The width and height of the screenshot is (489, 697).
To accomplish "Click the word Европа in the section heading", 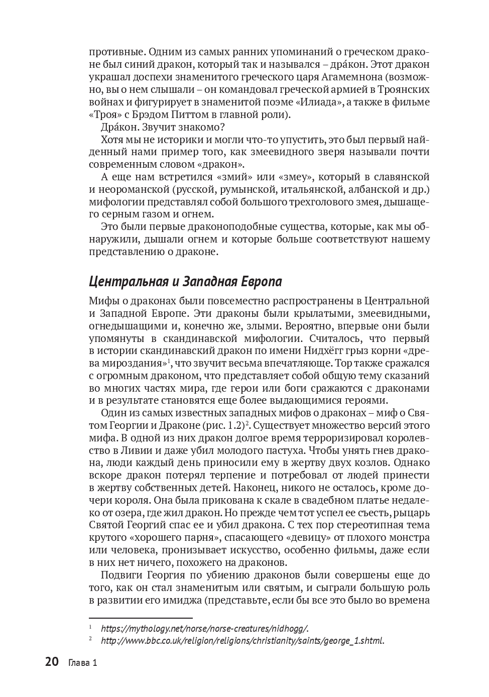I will (259, 281).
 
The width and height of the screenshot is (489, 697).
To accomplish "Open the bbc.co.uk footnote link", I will (242, 641).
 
